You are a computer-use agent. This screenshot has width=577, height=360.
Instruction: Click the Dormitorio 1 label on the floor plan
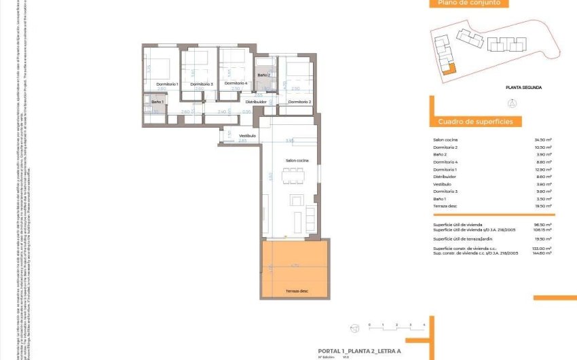tap(168, 84)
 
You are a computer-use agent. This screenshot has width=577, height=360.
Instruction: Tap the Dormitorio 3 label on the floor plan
tap(202, 84)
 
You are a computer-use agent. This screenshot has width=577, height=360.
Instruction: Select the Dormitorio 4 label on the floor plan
tap(236, 83)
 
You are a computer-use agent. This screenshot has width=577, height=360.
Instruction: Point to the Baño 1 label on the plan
tap(157, 101)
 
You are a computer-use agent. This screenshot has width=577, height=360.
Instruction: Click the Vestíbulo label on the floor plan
tap(247, 136)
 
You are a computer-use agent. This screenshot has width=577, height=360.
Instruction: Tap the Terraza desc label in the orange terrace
tap(297, 291)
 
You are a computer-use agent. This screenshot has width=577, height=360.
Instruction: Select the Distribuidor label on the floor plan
tap(256, 101)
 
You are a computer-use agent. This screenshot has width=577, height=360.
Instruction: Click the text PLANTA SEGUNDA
tap(523, 88)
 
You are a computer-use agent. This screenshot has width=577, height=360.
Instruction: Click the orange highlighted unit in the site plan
tap(445, 67)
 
